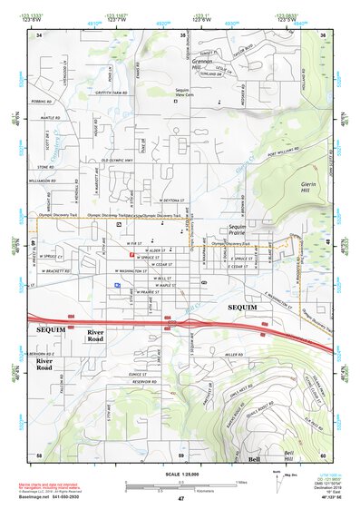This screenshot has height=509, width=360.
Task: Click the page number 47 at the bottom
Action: pyautogui.click(x=180, y=499)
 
